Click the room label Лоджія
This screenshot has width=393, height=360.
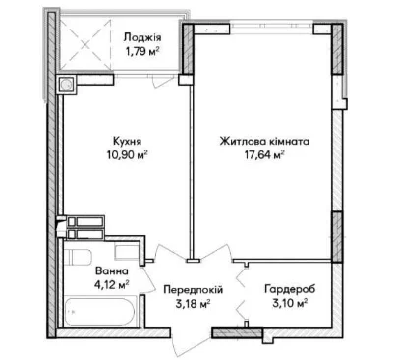tap(142, 38)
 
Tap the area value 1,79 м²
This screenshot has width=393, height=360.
tap(141, 51)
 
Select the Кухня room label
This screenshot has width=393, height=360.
tap(127, 142)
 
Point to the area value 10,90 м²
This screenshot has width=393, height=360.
tap(127, 154)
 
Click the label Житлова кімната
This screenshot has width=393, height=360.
tap(264, 142)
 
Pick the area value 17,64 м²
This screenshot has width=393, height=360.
tap(263, 154)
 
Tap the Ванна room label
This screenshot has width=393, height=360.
tap(111, 271)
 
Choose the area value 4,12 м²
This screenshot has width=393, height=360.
tap(111, 284)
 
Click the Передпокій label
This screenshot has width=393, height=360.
tap(194, 290)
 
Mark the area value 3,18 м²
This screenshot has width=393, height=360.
tap(193, 303)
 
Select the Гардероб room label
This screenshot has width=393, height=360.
tap(290, 289)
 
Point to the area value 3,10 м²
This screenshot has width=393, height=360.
tap(290, 303)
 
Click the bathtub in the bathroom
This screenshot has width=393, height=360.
tap(100, 311)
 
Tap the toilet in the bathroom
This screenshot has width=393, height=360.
tap(78, 257)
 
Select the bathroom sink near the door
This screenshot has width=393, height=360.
tap(127, 252)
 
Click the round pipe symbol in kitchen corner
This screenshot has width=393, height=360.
tap(67, 85)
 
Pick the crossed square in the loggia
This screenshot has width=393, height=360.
tap(86, 41)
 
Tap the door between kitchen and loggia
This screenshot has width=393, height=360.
tap(164, 80)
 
